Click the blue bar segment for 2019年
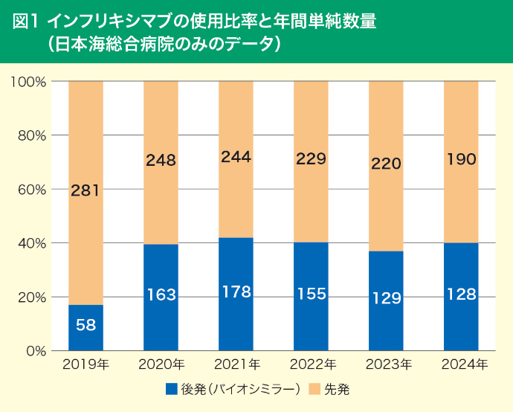(85, 327)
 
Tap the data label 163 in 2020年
(161, 295)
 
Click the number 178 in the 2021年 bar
(236, 292)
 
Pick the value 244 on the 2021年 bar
(236, 157)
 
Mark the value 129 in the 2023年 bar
(386, 298)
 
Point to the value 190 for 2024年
(461, 159)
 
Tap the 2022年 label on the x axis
(311, 364)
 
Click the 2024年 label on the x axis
(461, 364)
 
